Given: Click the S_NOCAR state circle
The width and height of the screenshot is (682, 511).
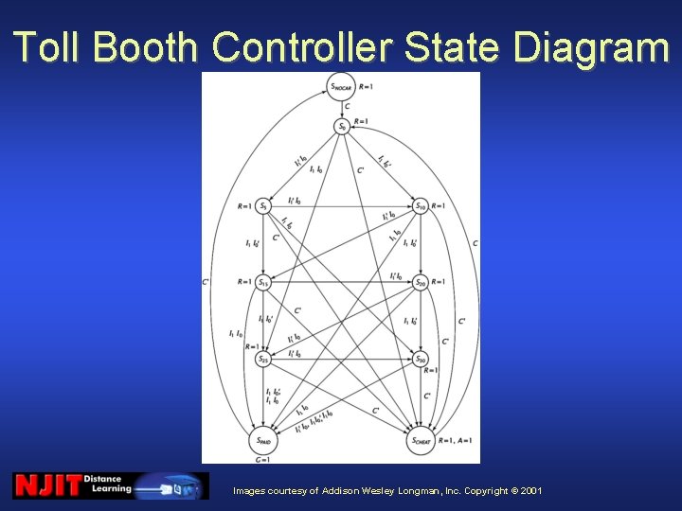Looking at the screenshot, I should pyautogui.click(x=342, y=87).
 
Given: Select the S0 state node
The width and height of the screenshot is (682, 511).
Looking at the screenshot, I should pyautogui.click(x=342, y=126).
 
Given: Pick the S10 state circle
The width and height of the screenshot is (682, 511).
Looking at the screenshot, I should pyautogui.click(x=421, y=205).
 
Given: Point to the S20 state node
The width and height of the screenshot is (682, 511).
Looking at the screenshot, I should pyautogui.click(x=421, y=283).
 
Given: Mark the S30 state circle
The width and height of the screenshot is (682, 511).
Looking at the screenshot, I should pyautogui.click(x=421, y=359).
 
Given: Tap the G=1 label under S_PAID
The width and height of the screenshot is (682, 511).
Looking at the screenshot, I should pyautogui.click(x=263, y=459).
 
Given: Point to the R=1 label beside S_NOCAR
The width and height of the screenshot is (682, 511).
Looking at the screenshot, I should pyautogui.click(x=367, y=87).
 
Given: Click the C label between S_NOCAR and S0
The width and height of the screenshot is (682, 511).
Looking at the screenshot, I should pyautogui.click(x=347, y=106).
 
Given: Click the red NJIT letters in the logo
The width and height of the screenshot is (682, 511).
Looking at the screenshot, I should pyautogui.click(x=46, y=485).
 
